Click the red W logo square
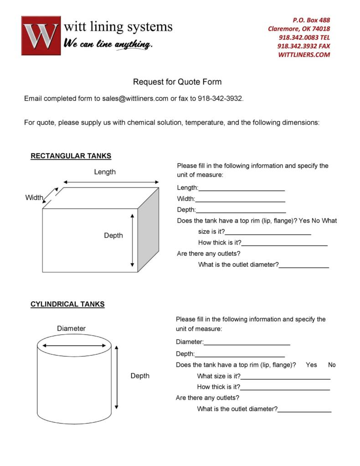(x=41, y=36)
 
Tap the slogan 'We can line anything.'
(x=108, y=44)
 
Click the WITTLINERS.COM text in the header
(x=304, y=55)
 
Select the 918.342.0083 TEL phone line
(x=304, y=37)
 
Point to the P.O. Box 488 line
(x=311, y=20)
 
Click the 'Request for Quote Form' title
(x=177, y=82)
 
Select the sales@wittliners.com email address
(x=135, y=98)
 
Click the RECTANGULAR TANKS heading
(x=71, y=156)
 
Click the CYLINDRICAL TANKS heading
(x=67, y=304)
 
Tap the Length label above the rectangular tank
(x=105, y=172)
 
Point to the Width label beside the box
(x=34, y=197)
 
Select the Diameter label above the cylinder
(x=71, y=328)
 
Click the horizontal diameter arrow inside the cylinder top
(x=73, y=346)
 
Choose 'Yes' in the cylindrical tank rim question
(x=311, y=365)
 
